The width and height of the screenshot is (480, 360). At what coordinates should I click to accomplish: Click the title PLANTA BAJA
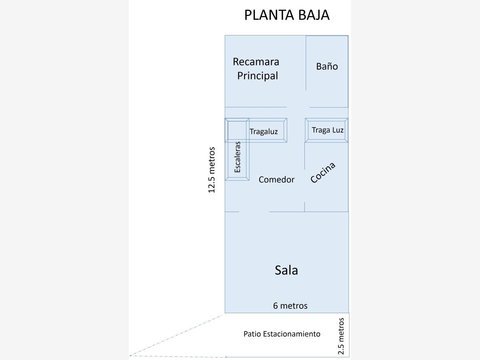pos(287,15)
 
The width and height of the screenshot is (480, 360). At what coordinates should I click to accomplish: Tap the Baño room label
pos(327,66)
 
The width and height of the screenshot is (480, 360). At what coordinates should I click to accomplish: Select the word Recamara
pos(256,62)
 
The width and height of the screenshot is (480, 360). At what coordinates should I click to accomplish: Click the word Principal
pos(257,76)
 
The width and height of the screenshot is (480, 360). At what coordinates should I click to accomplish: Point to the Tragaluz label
pos(264,132)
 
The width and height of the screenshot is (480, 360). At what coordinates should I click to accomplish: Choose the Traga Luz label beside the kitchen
pos(327,130)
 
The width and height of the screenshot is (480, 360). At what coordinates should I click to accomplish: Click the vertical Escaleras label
pos(238,157)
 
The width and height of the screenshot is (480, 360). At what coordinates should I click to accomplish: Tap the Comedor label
pos(276,180)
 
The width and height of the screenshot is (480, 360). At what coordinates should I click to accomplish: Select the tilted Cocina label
pos(322,173)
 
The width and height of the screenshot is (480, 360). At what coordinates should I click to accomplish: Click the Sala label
pos(286,270)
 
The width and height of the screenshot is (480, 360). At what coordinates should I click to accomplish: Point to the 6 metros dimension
pos(290,306)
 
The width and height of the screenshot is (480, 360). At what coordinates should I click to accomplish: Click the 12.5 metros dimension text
pos(212,170)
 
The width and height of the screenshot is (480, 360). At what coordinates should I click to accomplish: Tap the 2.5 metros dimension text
pos(341,336)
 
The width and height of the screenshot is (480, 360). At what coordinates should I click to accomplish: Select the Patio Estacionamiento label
pos(282,334)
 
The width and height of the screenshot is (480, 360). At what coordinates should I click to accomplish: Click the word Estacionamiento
pos(292,334)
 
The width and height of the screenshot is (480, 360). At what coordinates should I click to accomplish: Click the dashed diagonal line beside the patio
pos(176,336)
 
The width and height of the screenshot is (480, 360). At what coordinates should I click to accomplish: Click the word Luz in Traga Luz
pos(338,130)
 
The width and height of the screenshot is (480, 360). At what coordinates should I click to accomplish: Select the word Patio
pos(252,334)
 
